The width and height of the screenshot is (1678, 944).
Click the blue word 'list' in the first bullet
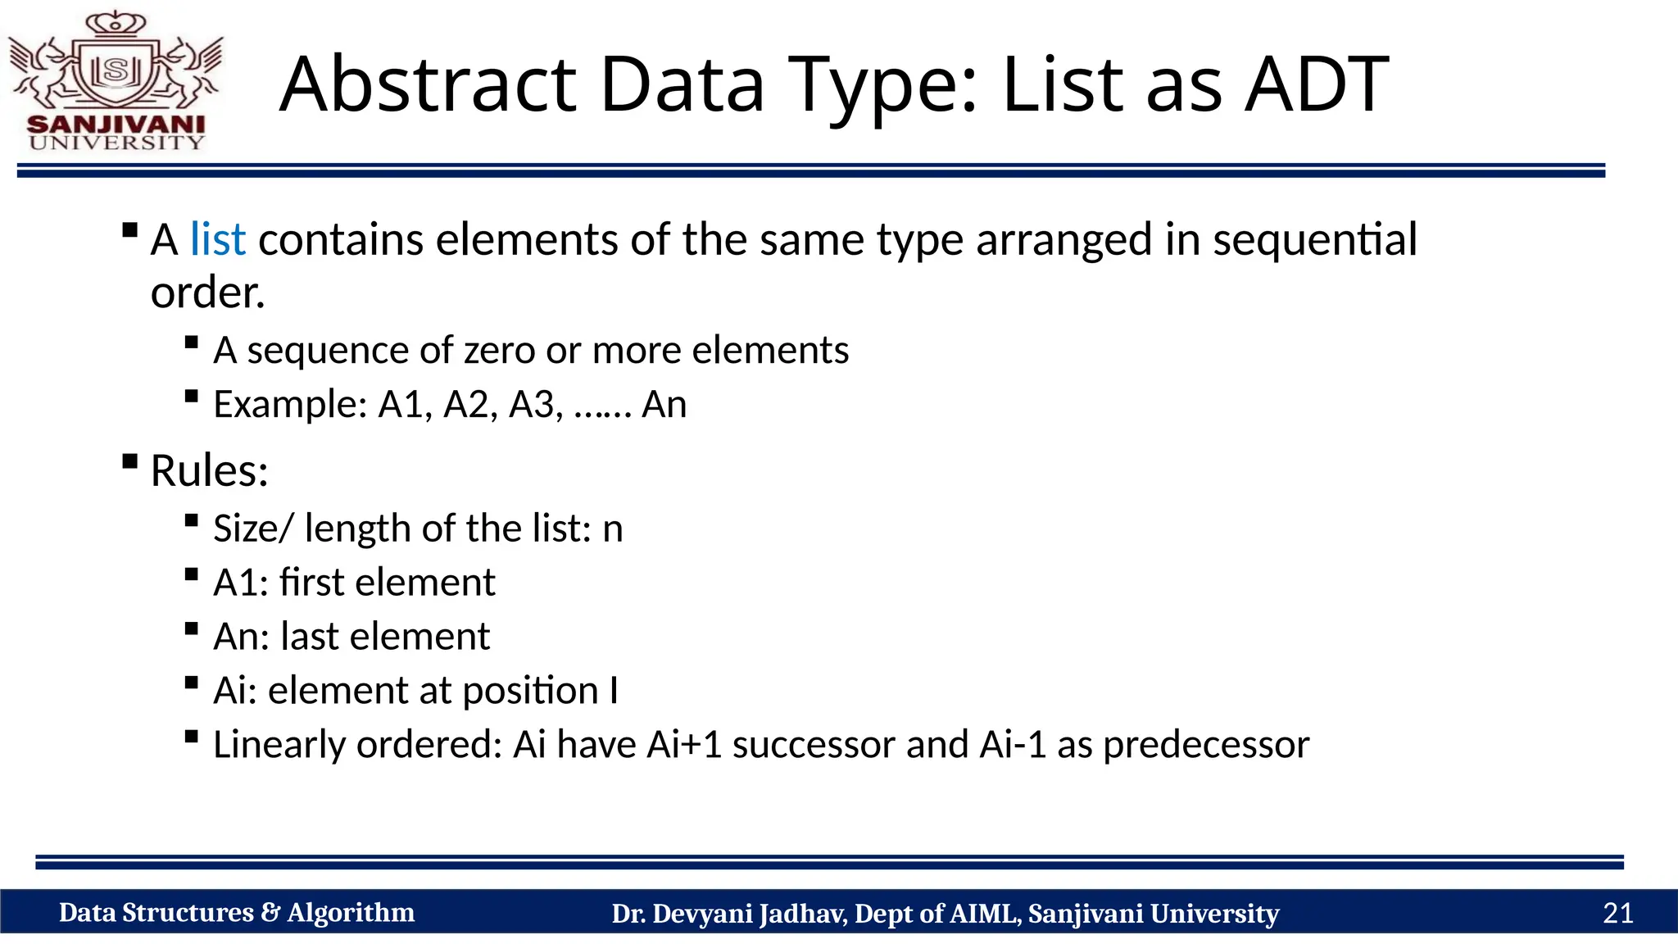click(217, 240)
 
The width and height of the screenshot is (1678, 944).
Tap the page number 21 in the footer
click(1617, 913)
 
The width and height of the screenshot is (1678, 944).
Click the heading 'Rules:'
click(210, 471)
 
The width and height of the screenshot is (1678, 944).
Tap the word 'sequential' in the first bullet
click(1314, 240)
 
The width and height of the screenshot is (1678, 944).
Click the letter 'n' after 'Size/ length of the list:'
click(613, 529)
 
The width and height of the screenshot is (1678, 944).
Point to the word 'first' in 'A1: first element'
click(311, 583)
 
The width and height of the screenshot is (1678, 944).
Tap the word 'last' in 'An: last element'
click(309, 637)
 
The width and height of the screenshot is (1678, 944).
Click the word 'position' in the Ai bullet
click(530, 691)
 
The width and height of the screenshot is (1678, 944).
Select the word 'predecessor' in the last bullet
click(1206, 745)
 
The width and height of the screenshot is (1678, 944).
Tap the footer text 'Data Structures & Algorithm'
click(237, 913)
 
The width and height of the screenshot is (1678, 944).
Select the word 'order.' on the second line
click(208, 293)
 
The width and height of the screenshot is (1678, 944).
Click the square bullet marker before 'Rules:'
click(129, 461)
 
